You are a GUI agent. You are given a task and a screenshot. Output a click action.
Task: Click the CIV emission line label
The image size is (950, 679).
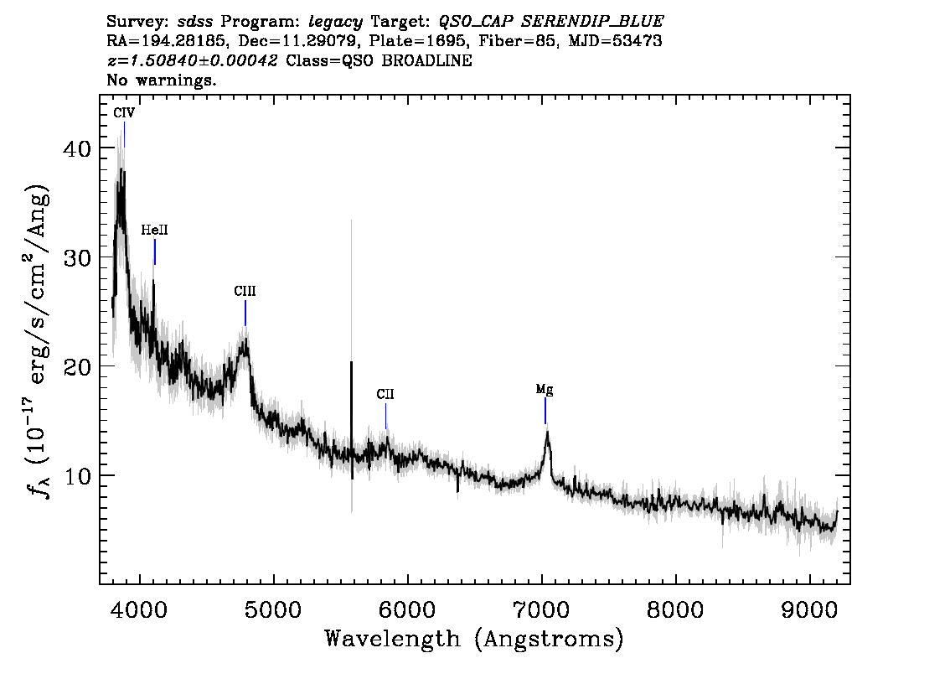coord(124,113)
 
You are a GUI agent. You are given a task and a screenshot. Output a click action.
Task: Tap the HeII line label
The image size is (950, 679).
coord(154,231)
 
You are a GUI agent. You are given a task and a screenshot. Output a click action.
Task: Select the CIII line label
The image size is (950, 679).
coord(245,292)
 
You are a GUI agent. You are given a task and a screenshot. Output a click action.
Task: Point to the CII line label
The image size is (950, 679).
coord(385,395)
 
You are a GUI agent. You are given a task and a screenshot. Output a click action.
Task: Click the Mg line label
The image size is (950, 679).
coord(545,389)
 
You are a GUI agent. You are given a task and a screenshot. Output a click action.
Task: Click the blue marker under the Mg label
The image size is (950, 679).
coord(545,411)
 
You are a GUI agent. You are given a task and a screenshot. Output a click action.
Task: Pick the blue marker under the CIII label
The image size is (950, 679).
coord(245,314)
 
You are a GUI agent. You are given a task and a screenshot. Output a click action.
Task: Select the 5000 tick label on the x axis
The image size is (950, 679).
coord(274,609)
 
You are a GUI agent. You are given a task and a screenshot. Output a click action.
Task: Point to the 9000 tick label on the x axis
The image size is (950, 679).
coord(809,609)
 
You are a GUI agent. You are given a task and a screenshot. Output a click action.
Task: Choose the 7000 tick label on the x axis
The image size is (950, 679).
coord(542,609)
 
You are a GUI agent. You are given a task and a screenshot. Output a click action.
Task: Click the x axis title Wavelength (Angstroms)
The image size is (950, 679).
coord(474,639)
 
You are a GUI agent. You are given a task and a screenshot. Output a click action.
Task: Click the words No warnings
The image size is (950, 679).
coord(161,80)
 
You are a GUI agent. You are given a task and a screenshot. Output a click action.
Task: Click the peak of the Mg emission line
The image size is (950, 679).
coord(548,432)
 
